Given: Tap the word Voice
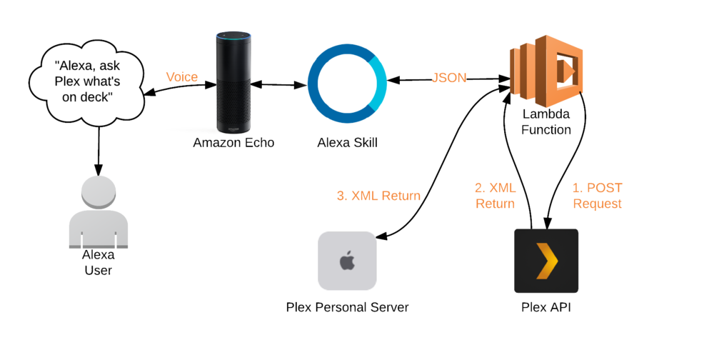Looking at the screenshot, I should coord(181,77).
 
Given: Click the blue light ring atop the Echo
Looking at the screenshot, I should coord(233,34).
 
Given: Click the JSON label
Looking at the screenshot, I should coord(449,78).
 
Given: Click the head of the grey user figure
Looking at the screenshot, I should coord(99,192).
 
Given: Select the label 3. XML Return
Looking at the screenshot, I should coord(378,196).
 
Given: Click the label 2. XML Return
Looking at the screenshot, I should coord(495,196).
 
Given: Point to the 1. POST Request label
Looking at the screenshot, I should coord(597,196).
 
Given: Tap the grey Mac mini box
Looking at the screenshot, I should coord(347,261).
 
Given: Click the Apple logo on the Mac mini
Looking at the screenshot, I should coord(347,260).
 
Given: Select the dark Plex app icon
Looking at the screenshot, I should coord(546,261).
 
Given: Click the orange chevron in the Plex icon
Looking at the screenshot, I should coord(547,261).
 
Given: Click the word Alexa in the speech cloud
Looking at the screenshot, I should coord(74,65).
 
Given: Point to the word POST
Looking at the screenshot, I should coord(605,188).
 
